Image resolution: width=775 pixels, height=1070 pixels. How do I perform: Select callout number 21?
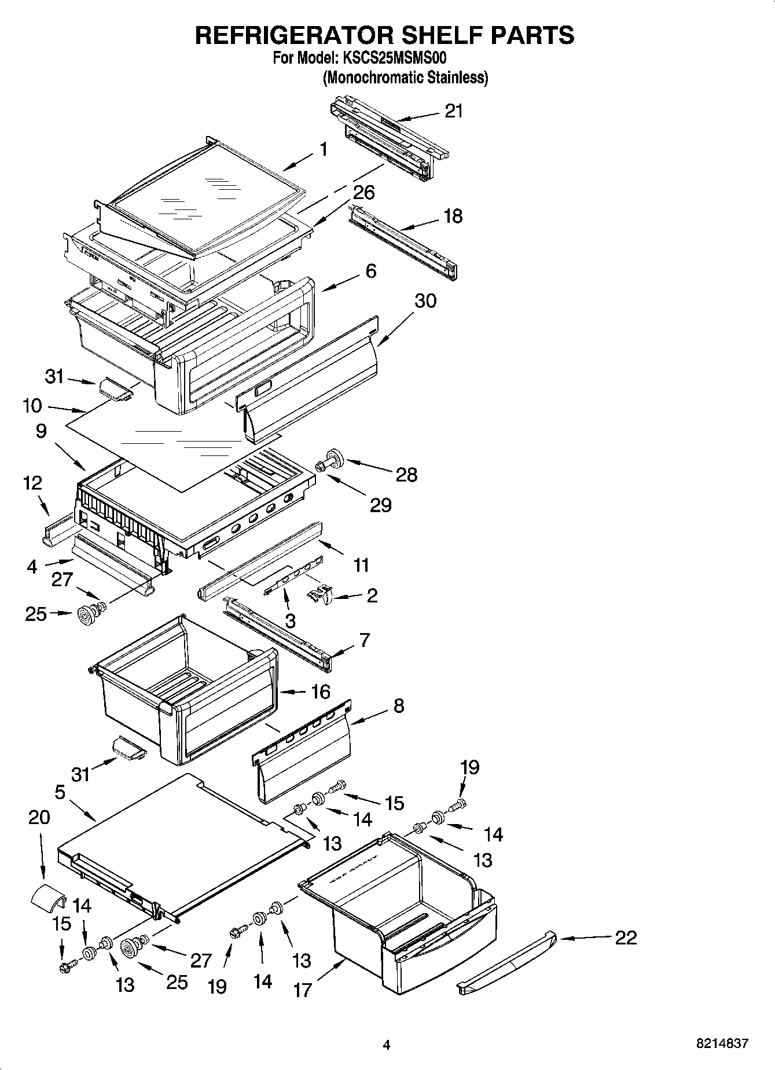454,111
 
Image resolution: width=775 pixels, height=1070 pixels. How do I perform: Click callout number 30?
425,301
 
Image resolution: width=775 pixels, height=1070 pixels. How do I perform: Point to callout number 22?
625,937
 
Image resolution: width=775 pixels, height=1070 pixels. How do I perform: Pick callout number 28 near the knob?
406,475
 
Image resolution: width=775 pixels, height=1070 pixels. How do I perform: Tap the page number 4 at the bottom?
387,1045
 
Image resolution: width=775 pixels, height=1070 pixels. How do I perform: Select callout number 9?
41,431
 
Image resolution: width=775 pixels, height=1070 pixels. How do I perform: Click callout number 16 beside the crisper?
321,692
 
